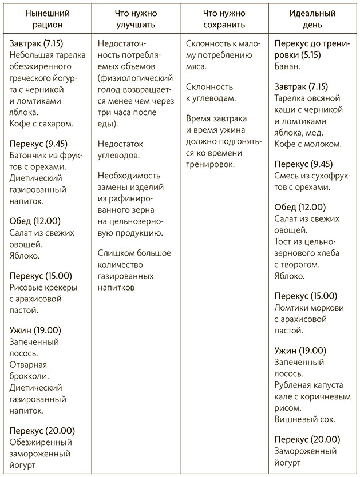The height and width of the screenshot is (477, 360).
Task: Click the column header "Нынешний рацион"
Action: [x=45, y=19]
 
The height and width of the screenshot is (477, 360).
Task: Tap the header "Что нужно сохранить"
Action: [x=224, y=19]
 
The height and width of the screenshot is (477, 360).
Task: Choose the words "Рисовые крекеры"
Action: [x=43, y=287]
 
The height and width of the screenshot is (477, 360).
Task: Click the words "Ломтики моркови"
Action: [x=307, y=309]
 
